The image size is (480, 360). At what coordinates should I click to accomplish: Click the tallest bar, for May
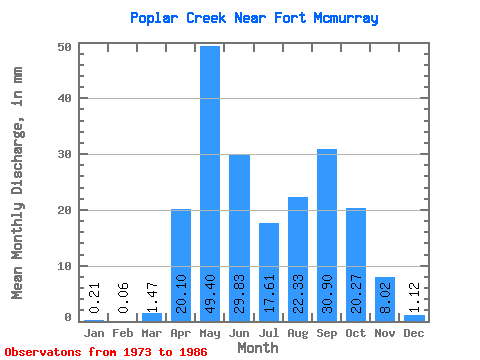[210, 184]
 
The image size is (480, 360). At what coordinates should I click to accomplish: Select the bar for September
[327, 235]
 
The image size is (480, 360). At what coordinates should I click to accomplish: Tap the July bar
[269, 272]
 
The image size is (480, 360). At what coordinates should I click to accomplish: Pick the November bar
[385, 299]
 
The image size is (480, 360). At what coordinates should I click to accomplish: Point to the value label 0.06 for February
[123, 298]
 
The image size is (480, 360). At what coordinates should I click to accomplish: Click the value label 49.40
[210, 294]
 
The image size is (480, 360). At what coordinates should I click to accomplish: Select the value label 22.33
[298, 294]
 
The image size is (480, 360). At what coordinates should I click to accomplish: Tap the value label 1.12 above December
[414, 297]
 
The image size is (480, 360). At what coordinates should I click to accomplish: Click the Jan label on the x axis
[94, 333]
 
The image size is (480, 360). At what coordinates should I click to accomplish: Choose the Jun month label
[239, 333]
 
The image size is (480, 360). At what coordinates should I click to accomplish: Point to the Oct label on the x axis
[356, 333]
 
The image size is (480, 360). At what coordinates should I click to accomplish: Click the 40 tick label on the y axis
[64, 98]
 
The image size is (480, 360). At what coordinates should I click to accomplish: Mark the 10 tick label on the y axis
[64, 266]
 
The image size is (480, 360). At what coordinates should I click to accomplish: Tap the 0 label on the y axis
[68, 317]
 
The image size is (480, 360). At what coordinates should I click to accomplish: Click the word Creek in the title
[206, 18]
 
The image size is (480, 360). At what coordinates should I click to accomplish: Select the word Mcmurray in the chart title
[346, 19]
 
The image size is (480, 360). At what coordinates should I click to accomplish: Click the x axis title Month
[258, 348]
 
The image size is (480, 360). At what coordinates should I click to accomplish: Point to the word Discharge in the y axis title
[18, 158]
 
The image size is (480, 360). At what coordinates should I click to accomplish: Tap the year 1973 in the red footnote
[137, 352]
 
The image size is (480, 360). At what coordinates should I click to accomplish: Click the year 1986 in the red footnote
[193, 352]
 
